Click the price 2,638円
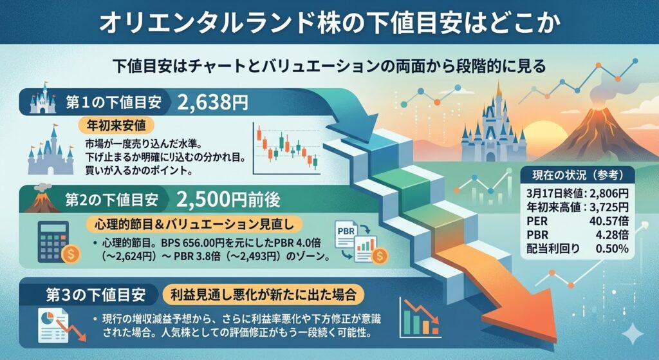coord(212,102)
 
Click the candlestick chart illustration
coord(286,150)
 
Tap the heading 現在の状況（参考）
coord(578,175)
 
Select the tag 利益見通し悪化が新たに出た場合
coord(259,295)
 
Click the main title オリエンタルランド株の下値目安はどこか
coord(329,23)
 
